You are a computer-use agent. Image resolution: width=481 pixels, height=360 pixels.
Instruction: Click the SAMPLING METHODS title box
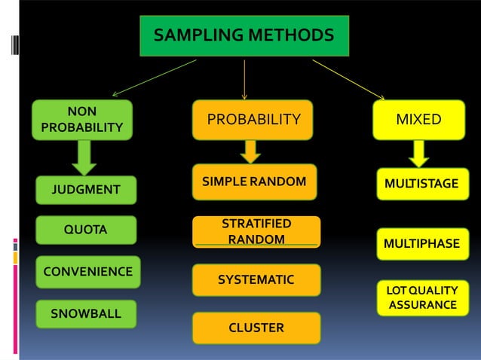(x=244, y=35)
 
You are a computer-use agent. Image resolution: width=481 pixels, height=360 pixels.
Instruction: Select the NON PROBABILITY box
(x=81, y=120)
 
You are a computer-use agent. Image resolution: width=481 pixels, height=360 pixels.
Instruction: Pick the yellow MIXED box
(x=418, y=120)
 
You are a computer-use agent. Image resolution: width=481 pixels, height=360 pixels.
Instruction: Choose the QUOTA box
(x=86, y=230)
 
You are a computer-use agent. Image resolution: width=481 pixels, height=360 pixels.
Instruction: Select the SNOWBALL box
(x=86, y=313)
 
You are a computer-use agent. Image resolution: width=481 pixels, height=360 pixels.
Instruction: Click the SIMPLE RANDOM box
(x=254, y=182)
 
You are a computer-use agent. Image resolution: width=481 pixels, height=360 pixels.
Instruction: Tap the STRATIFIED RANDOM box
(x=256, y=232)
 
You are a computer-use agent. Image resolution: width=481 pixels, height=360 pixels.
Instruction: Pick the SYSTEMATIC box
(x=256, y=280)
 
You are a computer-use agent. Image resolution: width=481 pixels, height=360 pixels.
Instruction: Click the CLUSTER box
(x=256, y=328)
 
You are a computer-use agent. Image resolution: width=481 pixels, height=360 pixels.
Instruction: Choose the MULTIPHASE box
(x=421, y=244)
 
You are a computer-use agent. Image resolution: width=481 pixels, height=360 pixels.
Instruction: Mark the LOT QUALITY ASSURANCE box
(x=421, y=297)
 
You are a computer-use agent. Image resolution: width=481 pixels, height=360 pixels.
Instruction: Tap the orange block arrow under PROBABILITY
(x=251, y=151)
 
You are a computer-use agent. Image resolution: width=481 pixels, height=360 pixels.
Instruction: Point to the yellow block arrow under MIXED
(x=419, y=154)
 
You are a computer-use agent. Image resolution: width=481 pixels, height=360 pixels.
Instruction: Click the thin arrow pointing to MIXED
(x=348, y=78)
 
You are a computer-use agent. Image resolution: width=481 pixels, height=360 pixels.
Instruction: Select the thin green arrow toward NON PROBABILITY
(x=155, y=77)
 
